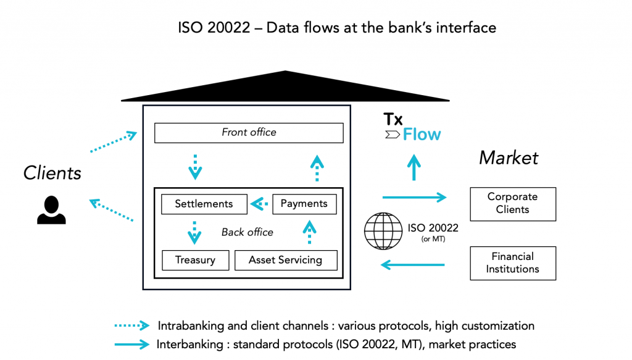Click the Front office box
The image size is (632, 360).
[x=249, y=133]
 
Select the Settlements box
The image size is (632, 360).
[x=204, y=204]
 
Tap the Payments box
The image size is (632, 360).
[x=304, y=204]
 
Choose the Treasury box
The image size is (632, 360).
[x=195, y=260]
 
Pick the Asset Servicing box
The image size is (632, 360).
[x=286, y=260]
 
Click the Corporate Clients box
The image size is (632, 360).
[x=512, y=204]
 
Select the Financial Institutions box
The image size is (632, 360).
[x=512, y=263]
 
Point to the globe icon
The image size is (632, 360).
[x=383, y=231]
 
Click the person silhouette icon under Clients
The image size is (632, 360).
[x=51, y=209]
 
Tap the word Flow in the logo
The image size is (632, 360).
[x=422, y=135]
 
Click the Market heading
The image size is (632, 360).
[x=509, y=158]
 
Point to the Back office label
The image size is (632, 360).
[x=247, y=232]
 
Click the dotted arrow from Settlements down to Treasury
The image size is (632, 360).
[x=194, y=233]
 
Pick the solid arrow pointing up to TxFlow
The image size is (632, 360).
[x=414, y=166]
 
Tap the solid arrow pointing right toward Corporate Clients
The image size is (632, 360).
[x=414, y=198]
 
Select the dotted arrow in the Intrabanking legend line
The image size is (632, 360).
[x=131, y=325]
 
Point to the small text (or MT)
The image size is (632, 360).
[x=433, y=239]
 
